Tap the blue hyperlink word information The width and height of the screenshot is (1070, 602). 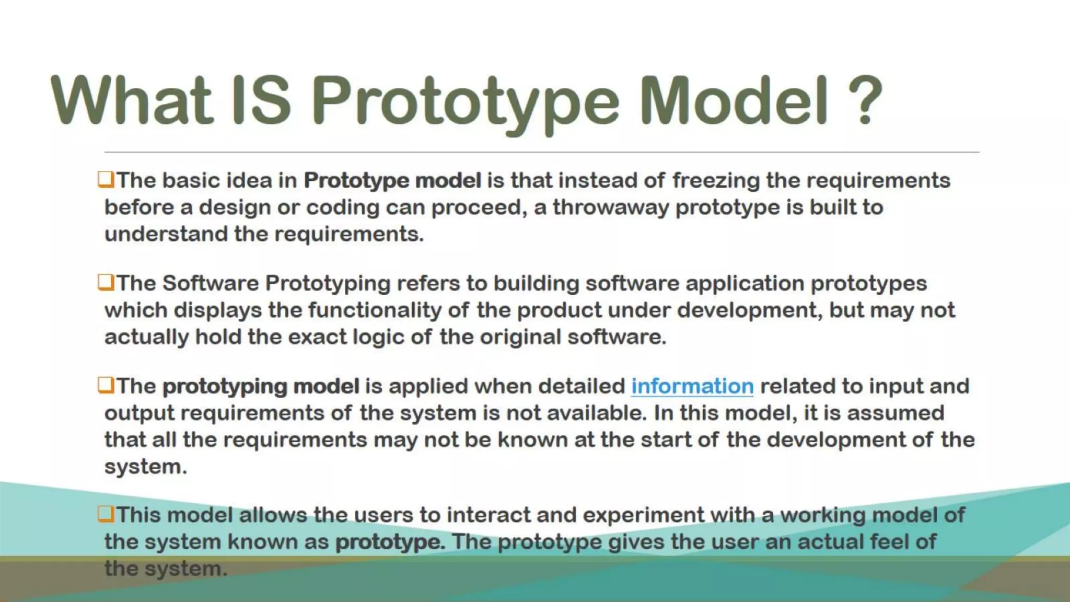pos(692,386)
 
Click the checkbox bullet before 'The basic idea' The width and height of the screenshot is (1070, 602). pos(106,179)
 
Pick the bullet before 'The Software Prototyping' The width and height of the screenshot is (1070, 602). pos(106,282)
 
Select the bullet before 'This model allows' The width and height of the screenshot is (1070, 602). pos(106,514)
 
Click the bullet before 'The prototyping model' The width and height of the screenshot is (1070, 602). pos(106,385)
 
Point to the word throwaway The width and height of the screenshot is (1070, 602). pos(611,207)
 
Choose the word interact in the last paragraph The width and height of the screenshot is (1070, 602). pos(488,515)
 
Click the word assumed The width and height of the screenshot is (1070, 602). pos(895,413)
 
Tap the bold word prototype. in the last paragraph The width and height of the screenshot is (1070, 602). pos(390,542)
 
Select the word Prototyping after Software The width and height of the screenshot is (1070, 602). pos(328,284)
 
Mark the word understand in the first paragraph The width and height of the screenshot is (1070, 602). pos(166,234)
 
